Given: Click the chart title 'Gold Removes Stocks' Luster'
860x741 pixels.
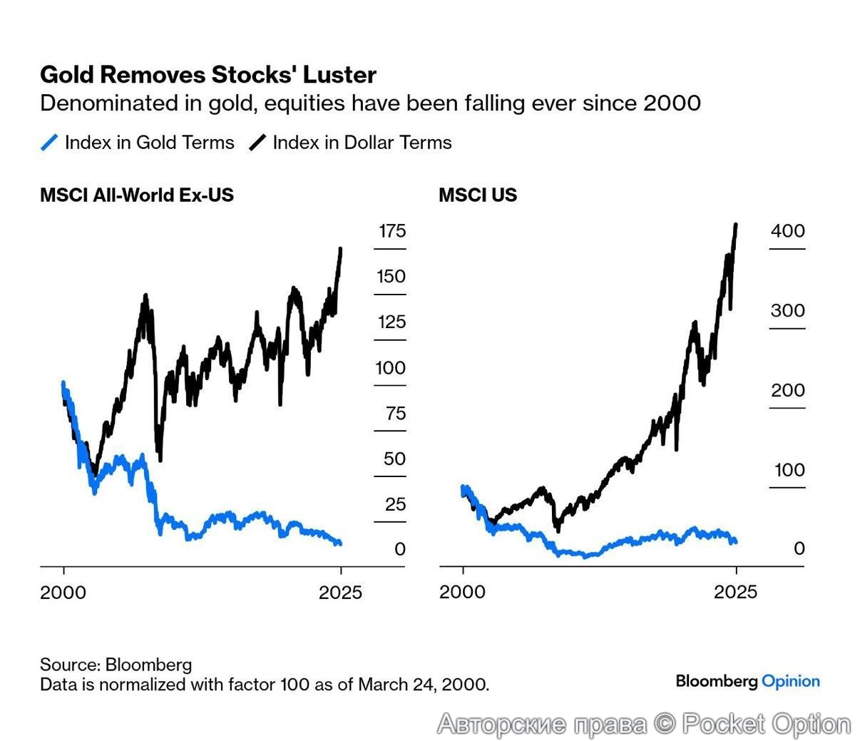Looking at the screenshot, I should (208, 75).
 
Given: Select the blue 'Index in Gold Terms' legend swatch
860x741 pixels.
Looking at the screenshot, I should (49, 143).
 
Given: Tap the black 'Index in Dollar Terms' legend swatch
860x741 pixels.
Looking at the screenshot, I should (257, 143).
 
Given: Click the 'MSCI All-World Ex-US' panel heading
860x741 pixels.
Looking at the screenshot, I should (137, 195).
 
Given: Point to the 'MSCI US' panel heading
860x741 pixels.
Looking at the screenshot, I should (478, 195).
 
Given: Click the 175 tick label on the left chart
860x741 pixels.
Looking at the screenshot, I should (391, 231).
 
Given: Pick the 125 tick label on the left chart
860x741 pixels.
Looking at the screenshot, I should (391, 322).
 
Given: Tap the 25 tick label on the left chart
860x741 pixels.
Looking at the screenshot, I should (395, 505).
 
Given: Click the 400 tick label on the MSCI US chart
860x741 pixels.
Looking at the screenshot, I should (787, 231).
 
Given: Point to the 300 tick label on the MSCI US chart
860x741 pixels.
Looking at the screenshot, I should (787, 311).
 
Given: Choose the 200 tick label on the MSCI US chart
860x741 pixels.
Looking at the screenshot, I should (787, 391).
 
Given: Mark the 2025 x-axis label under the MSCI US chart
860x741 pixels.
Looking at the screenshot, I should (736, 592).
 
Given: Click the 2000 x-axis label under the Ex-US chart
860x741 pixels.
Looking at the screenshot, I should (63, 592).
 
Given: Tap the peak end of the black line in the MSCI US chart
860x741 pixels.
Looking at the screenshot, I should (736, 225).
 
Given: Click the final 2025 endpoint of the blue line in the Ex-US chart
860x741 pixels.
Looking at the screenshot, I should (340, 543).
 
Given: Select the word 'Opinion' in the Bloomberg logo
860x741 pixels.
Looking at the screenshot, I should (791, 681).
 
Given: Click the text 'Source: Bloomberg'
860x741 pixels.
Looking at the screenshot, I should (116, 665).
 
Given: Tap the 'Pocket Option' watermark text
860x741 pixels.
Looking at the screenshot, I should (767, 724).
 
